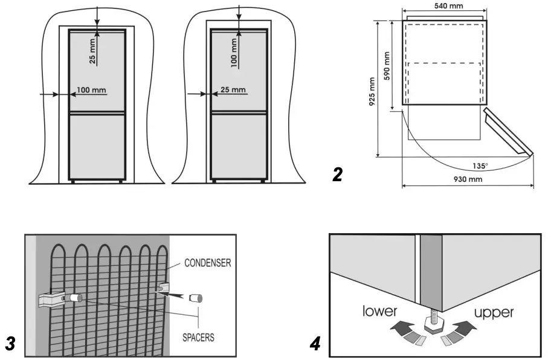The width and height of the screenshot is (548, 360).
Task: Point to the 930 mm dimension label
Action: (x=468, y=179)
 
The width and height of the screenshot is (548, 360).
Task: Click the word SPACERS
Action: (x=198, y=338)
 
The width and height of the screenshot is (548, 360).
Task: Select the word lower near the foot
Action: (x=379, y=312)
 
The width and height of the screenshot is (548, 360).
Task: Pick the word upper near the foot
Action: (x=494, y=312)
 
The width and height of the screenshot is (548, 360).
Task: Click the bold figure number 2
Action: (x=338, y=175)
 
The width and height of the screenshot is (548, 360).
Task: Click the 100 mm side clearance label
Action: (x=92, y=90)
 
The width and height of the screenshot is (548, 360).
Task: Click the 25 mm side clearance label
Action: (x=233, y=90)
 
